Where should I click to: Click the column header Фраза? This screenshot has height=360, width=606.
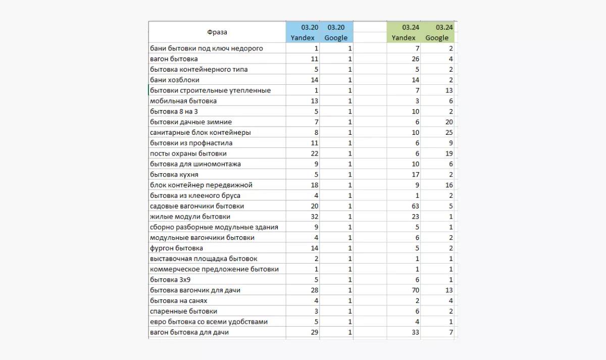217,32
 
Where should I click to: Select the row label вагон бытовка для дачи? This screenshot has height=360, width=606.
193,332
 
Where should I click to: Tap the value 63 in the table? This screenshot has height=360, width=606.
415,206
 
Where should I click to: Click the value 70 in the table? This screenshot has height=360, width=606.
415,290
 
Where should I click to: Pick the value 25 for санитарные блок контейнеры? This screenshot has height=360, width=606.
448,132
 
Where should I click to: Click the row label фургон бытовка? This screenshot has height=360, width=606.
177,248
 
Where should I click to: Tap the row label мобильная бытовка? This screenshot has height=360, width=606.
183,101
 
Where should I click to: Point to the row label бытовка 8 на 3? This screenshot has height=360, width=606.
174,112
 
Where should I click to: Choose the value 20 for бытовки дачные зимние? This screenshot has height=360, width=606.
448,122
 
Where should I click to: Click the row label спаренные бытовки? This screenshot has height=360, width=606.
184,312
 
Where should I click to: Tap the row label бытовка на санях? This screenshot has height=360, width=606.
179,301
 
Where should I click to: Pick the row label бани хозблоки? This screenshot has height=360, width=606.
175,80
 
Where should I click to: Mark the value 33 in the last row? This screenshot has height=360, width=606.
415,332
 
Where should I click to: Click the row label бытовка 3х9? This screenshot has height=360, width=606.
170,280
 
